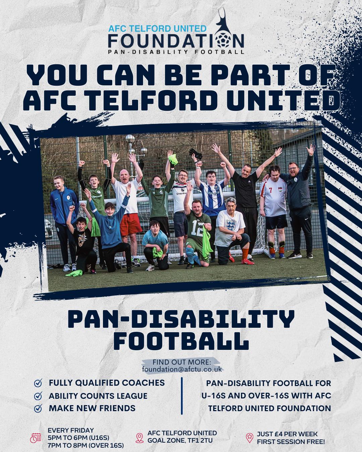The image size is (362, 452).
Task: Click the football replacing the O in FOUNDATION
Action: pyautogui.click(x=224, y=40)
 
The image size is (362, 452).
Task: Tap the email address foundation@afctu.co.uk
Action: pyautogui.click(x=182, y=369)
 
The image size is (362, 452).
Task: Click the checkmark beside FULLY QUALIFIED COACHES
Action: pyautogui.click(x=38, y=383)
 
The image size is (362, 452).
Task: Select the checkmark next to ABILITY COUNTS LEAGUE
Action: pyautogui.click(x=38, y=396)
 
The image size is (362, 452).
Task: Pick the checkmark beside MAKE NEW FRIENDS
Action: pyautogui.click(x=38, y=408)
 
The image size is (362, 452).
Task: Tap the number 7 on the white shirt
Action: pyautogui.click(x=270, y=190)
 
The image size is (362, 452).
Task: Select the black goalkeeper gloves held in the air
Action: pyautogui.click(x=196, y=153)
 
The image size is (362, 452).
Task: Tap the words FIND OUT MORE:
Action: pyautogui.click(x=182, y=362)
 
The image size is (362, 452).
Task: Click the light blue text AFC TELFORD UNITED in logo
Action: pyautogui.click(x=157, y=28)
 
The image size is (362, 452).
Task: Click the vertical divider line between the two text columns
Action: pyautogui.click(x=182, y=396)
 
